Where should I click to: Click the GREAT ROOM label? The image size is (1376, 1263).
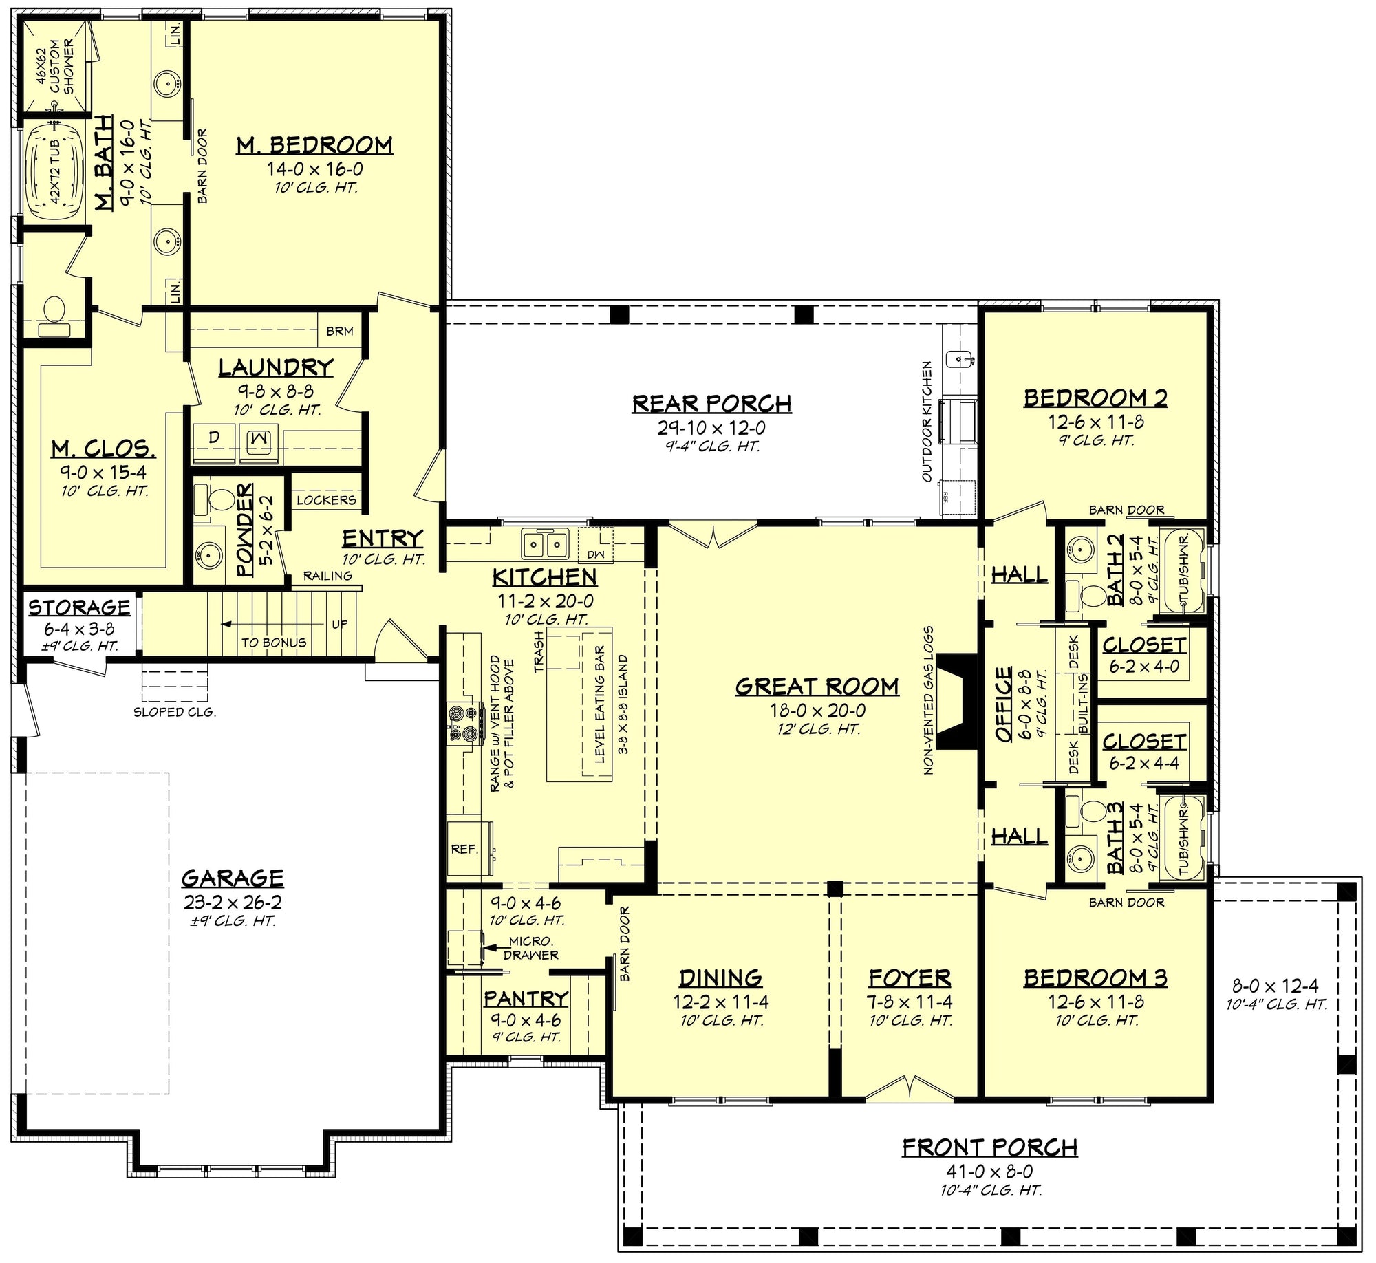pos(817,686)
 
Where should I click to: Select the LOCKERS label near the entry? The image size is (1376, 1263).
pos(326,500)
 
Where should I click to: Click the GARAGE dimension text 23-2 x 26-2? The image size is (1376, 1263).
pos(233,903)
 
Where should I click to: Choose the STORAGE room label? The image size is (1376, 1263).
pos(79,607)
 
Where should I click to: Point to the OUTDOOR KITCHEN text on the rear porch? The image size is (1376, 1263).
pos(927,422)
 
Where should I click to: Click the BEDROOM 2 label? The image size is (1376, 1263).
pos(1095,398)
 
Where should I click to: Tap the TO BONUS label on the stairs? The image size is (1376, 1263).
pos(274,643)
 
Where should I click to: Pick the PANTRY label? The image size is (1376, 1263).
pos(526,998)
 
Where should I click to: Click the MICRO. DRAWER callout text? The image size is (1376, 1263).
pos(530,948)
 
